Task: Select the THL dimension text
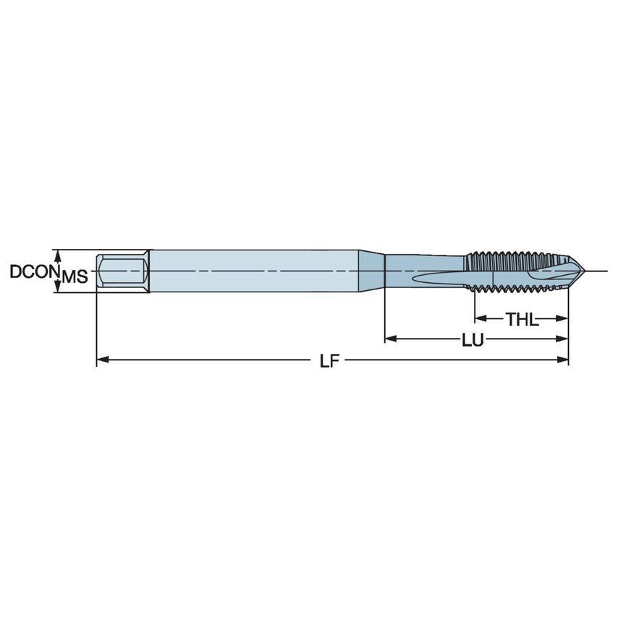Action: [x=522, y=319]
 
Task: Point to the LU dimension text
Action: [x=473, y=339]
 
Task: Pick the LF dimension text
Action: [x=330, y=360]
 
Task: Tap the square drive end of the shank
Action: [x=123, y=271]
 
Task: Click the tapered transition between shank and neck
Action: [x=373, y=271]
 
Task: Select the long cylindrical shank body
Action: [x=253, y=271]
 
